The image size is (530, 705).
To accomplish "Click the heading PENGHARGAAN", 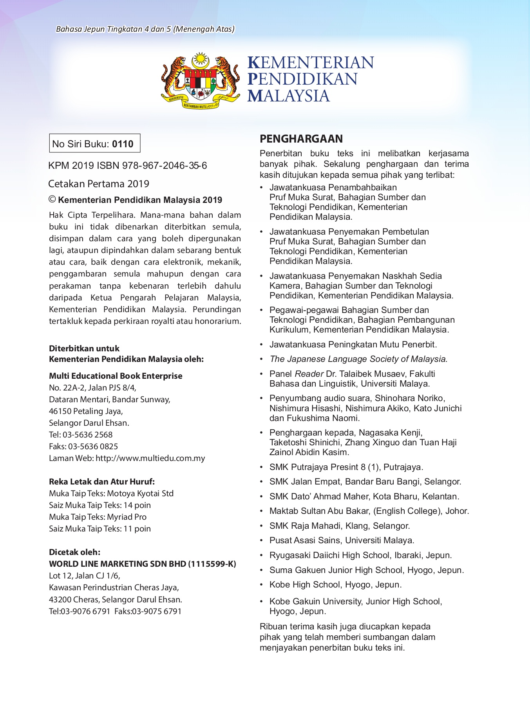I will point(301,139).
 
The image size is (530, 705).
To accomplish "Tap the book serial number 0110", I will point(123,144).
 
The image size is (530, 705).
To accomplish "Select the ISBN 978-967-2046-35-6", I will point(165,166).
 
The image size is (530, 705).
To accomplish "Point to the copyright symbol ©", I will point(52,199).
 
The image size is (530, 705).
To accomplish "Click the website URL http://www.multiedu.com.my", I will point(150,458).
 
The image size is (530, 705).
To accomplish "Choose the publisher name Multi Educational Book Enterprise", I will point(116,376).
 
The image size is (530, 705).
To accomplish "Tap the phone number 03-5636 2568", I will point(87,435).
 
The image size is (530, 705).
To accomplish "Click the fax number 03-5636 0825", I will point(93,446).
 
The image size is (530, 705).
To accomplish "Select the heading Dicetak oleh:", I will point(74,552).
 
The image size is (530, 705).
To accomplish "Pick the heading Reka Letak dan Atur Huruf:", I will point(102,482).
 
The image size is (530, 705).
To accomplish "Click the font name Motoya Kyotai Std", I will point(140,493).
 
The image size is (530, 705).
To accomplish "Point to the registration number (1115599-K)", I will point(212,564).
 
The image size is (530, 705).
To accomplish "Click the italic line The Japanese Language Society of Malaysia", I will point(358,359).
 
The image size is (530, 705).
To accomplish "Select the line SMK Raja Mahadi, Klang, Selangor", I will point(340,526).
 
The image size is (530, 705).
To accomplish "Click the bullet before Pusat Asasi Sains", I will point(261,541).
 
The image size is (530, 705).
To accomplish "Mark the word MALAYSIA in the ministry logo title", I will point(289,96).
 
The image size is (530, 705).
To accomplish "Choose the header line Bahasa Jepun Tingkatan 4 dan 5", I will point(145,29).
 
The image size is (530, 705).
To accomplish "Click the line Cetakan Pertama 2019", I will point(99,184).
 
